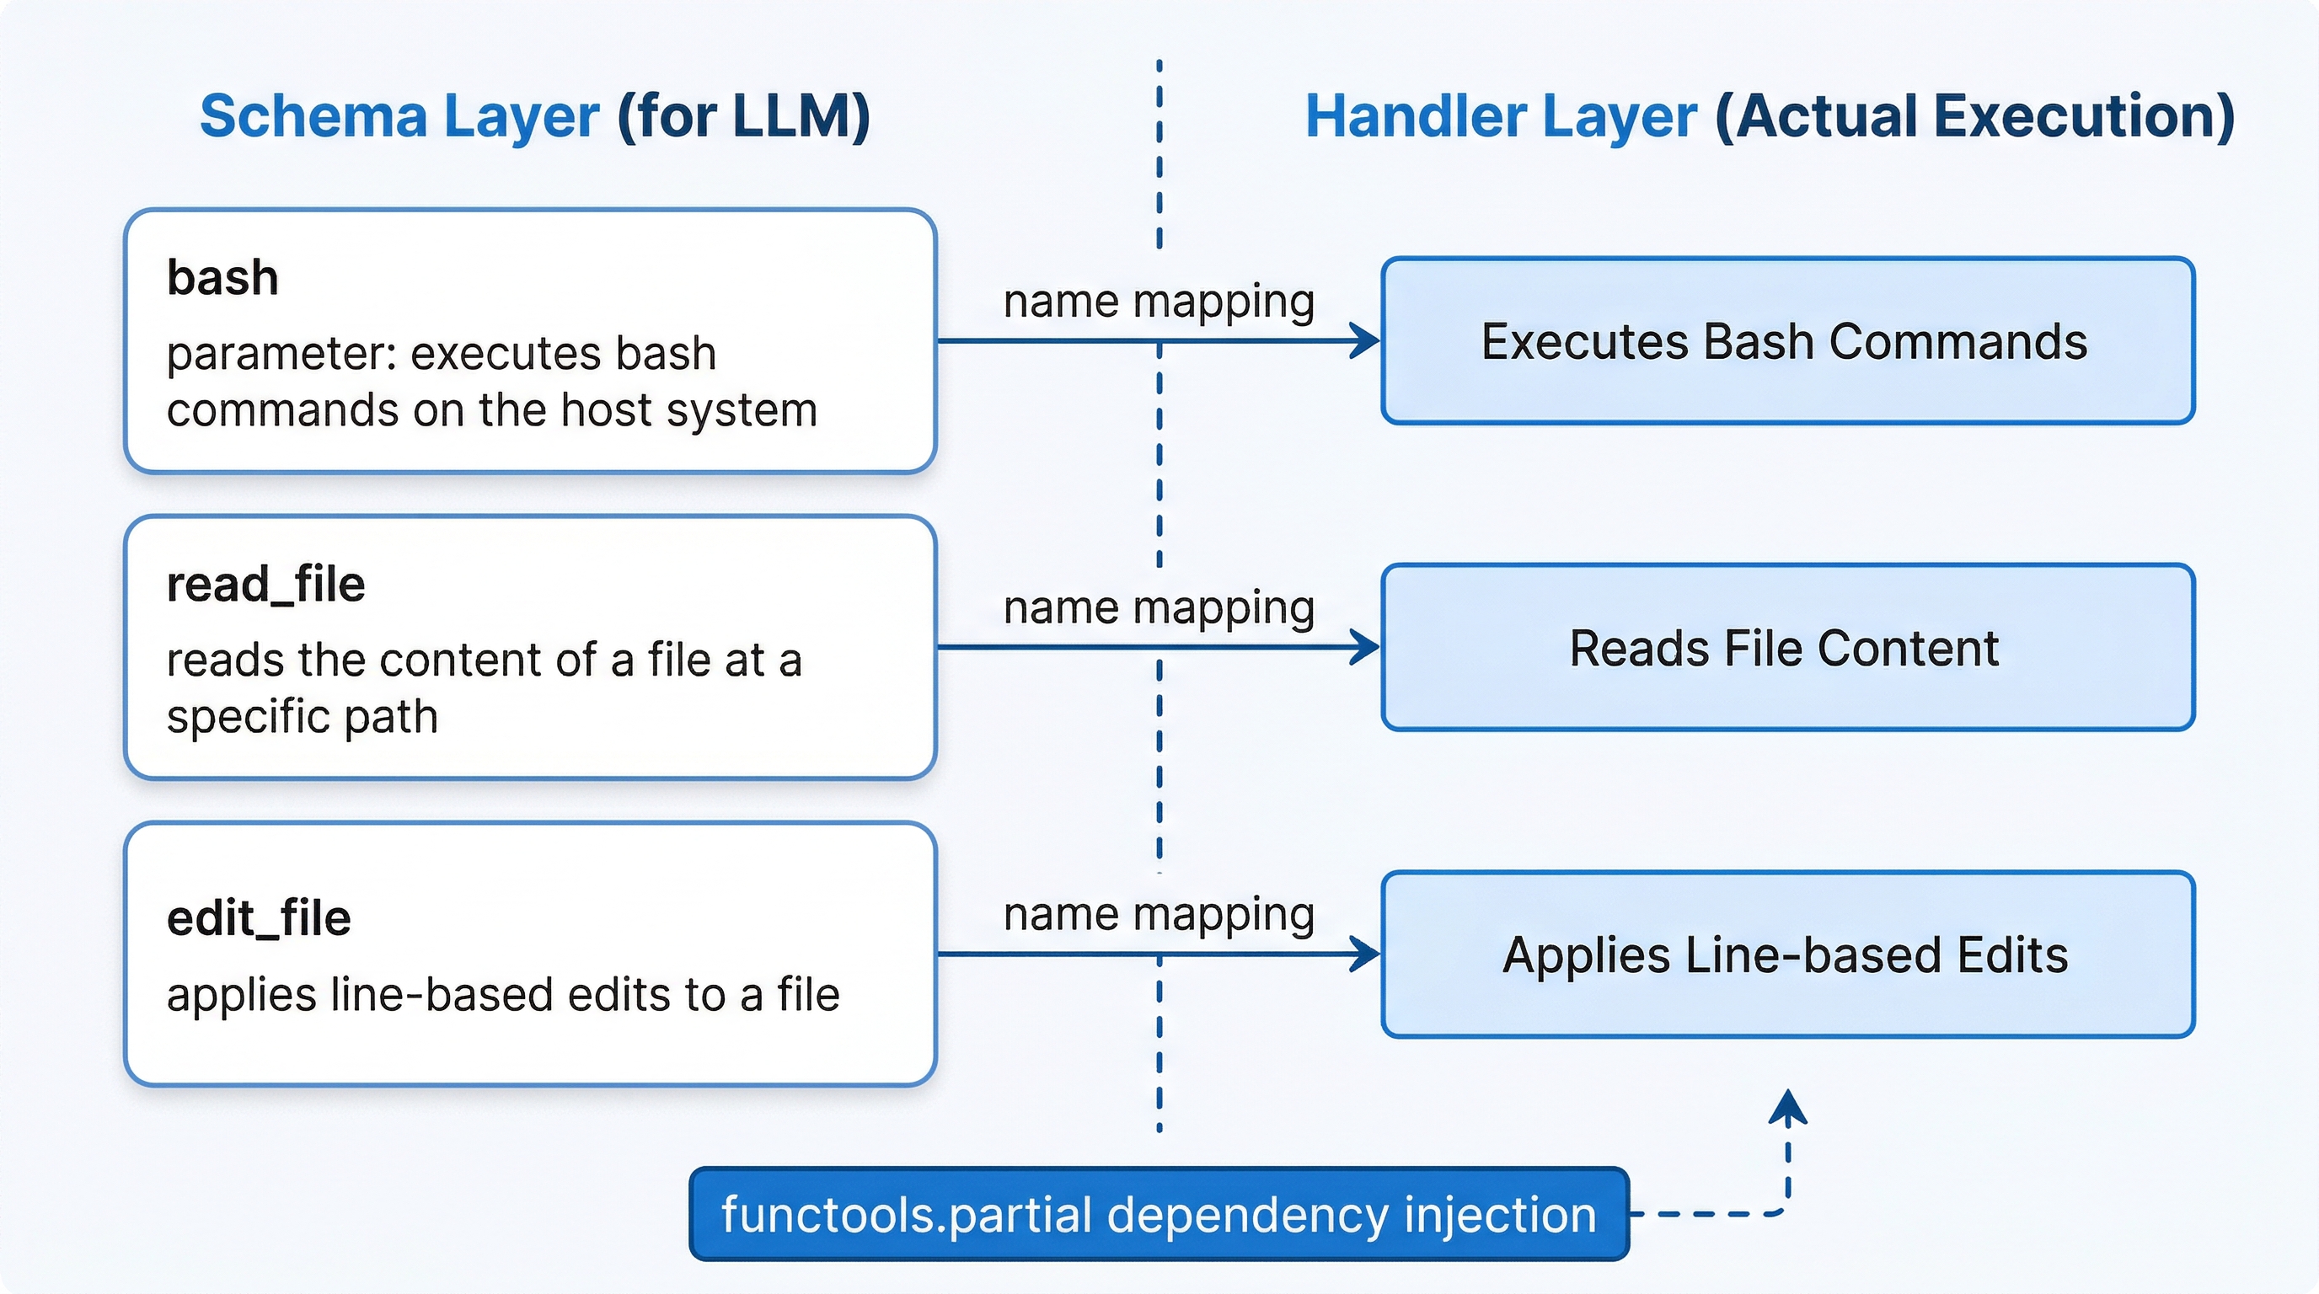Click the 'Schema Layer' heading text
pos(399,117)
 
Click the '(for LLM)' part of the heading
pos(743,117)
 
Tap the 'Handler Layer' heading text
pos(1501,117)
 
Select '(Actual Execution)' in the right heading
pos(1975,117)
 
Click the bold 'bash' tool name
pos(222,277)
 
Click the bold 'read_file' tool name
pos(265,584)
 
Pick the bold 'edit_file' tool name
pos(259,918)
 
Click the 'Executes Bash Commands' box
pos(1787,341)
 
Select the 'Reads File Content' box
pos(1787,648)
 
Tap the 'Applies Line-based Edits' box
pos(1787,954)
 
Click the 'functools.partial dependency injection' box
pos(1159,1214)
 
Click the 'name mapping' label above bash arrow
pos(1159,301)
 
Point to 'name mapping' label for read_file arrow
pos(1159,607)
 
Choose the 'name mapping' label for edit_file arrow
pos(1159,914)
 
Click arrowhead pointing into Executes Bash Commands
pos(1367,341)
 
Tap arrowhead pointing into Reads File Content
pos(1367,647)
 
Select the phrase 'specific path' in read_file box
pos(302,717)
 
